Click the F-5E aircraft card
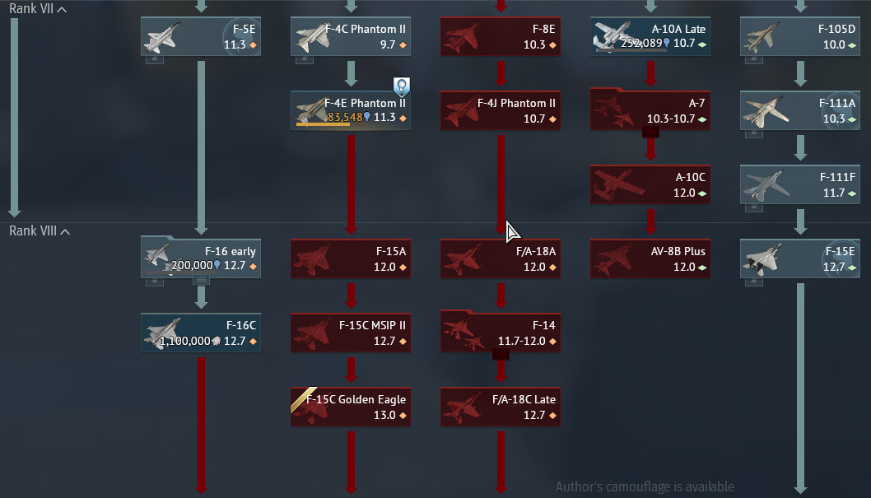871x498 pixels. coord(201,37)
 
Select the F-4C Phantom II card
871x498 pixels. coord(351,37)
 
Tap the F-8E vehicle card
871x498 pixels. coord(501,37)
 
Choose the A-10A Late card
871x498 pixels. coord(650,37)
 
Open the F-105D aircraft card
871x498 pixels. coord(800,37)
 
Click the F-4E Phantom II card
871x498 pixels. coord(351,111)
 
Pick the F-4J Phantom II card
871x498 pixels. coord(501,111)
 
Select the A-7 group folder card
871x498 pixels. coord(650,111)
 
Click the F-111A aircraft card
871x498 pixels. coord(800,111)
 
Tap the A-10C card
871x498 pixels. coord(650,185)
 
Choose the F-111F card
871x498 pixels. coord(800,185)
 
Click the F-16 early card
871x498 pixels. coord(201,259)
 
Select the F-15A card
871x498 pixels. coord(351,259)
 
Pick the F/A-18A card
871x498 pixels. coord(501,259)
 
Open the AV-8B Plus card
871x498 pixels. coord(650,259)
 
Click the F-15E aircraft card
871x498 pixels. coord(800,259)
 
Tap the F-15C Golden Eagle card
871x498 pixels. coord(351,407)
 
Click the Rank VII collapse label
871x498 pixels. coord(37,9)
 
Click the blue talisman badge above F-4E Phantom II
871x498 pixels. coord(401,86)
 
